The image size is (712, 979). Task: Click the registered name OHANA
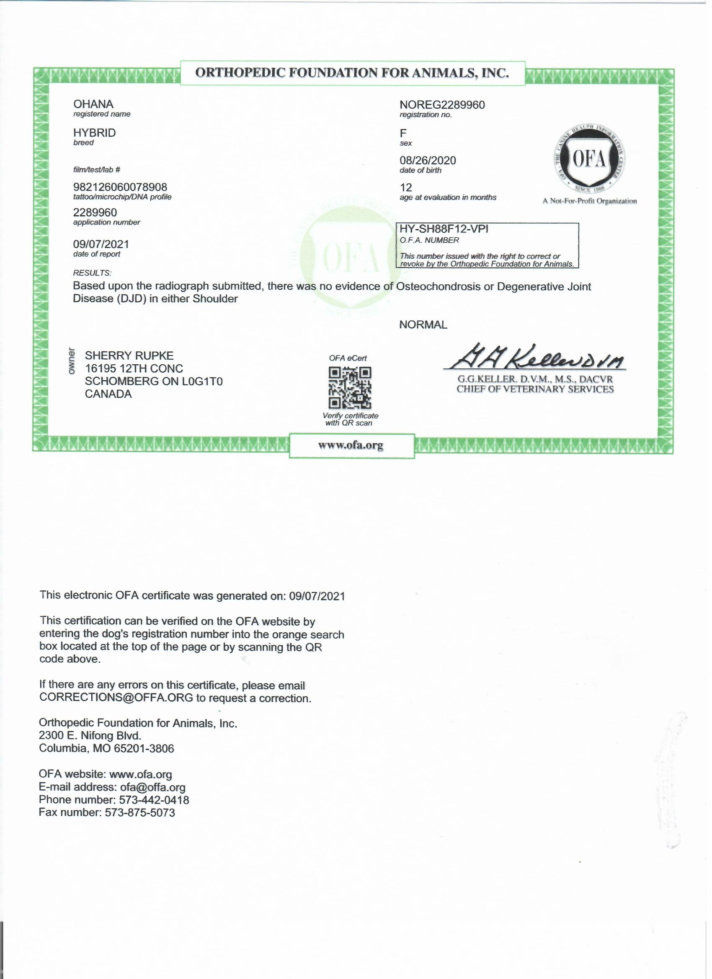(93, 104)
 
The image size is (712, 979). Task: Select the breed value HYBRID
(95, 133)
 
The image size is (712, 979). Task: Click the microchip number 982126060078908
(121, 188)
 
